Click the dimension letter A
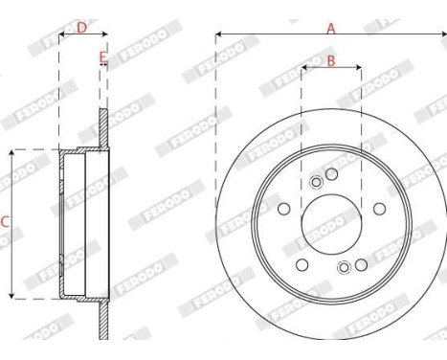tap(331, 28)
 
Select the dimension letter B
tap(330, 61)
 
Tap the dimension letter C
tap(5, 223)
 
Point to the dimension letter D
tap(81, 29)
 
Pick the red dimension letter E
tap(102, 58)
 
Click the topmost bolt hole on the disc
tap(331, 173)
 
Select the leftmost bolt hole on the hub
tap(284, 210)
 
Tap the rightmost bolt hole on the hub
tap(378, 210)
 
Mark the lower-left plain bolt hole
tap(302, 264)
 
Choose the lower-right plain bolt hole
tap(361, 264)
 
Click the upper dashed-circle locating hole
tap(317, 184)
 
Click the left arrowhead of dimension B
tap(303, 68)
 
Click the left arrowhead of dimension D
tap(61, 36)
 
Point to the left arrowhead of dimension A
tap(218, 35)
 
